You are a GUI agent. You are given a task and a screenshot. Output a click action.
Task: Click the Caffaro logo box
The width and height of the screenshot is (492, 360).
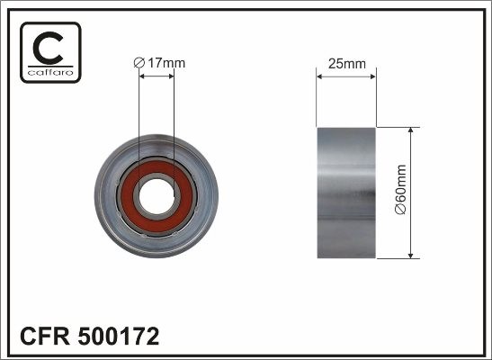[50, 52]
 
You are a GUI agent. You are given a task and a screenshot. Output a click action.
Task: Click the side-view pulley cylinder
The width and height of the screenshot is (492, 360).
[345, 192]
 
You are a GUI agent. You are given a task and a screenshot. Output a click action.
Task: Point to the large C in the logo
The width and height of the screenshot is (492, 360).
[50, 47]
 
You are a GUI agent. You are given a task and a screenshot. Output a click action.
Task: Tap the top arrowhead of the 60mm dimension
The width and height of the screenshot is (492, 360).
[411, 131]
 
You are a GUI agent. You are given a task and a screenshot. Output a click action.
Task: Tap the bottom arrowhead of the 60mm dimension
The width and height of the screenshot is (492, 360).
[411, 253]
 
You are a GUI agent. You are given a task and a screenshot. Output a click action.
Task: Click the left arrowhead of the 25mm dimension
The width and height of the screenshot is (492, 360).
[320, 76]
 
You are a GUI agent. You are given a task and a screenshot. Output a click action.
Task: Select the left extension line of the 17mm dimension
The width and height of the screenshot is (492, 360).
[139, 117]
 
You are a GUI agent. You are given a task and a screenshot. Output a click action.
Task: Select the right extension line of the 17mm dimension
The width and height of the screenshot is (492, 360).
[174, 117]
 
